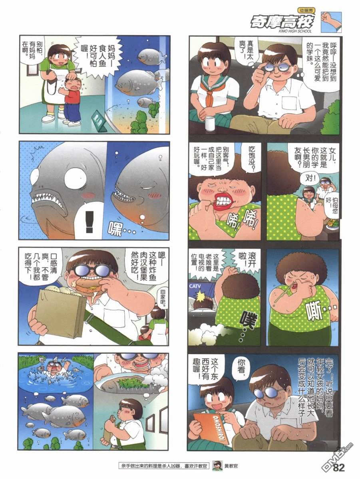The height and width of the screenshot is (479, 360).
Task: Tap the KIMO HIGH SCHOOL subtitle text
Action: click(295, 31)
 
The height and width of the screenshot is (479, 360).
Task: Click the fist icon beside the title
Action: click(331, 22)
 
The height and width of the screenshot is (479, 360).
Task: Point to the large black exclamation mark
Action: click(90, 222)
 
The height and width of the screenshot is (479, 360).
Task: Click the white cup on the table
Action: click(210, 123)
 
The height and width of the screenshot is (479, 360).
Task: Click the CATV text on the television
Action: click(195, 287)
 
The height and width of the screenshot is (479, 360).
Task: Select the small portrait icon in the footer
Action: click(217, 466)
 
